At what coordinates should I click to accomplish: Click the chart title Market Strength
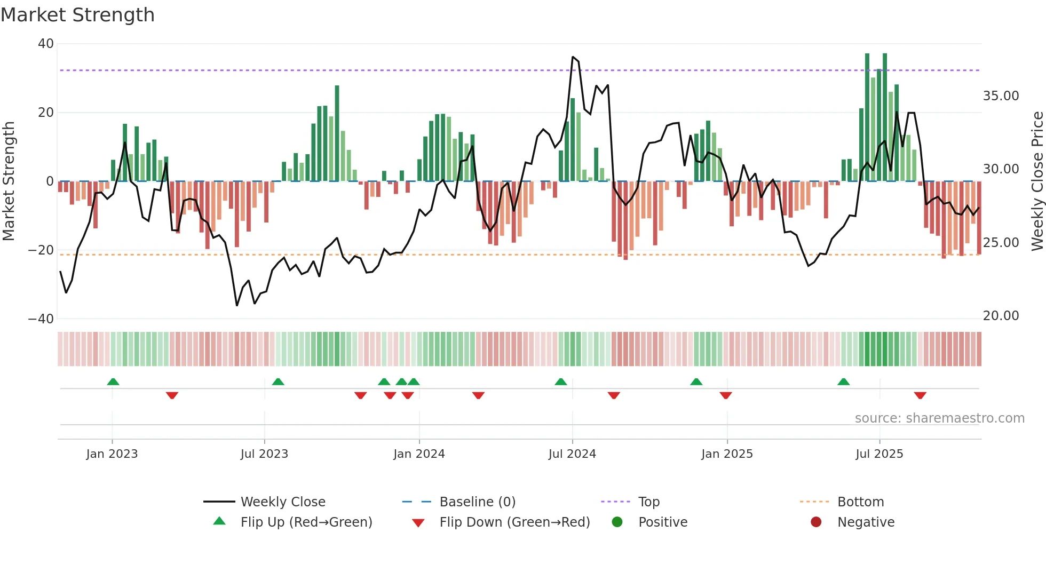point(77,15)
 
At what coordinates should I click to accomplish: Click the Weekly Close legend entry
point(282,502)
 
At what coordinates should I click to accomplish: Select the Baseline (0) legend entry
point(477,502)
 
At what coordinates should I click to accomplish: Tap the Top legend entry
point(648,502)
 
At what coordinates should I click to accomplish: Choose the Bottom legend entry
point(860,502)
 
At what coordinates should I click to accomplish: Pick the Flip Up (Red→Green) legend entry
point(306,522)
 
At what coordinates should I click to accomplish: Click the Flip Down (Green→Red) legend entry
point(514,522)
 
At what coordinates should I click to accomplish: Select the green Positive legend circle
point(617,522)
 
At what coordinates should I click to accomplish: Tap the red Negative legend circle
point(816,522)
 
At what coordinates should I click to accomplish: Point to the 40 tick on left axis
point(46,44)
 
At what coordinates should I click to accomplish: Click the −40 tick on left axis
point(41,319)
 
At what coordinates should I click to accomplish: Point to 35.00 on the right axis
point(1001,96)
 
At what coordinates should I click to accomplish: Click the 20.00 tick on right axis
point(1001,316)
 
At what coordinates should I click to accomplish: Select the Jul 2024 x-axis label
point(572,454)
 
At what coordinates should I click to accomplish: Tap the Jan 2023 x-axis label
point(112,454)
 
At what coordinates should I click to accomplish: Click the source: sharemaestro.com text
point(939,418)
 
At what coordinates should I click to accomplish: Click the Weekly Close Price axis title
point(1037,181)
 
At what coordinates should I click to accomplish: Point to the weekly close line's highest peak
point(573,57)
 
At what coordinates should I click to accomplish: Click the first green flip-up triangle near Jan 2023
point(113,382)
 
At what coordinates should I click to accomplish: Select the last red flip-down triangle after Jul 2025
point(920,395)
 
